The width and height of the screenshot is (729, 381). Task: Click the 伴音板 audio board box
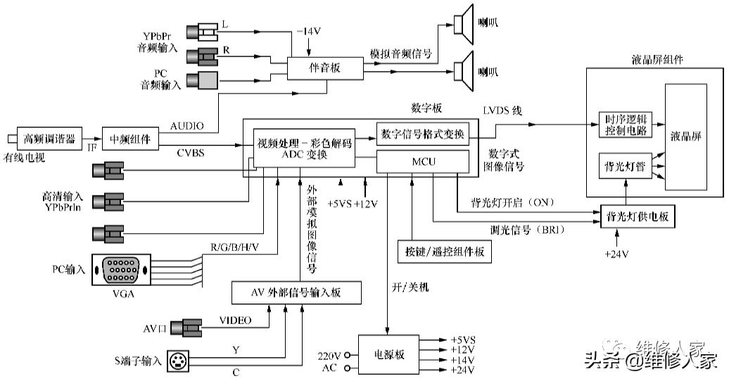point(324,68)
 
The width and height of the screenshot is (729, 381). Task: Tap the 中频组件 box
point(130,138)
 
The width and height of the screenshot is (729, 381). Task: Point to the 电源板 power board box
point(388,354)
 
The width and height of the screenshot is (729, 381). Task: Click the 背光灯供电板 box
point(637,217)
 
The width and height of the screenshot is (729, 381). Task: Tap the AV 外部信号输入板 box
point(296,292)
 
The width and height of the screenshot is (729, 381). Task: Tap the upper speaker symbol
point(463,25)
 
